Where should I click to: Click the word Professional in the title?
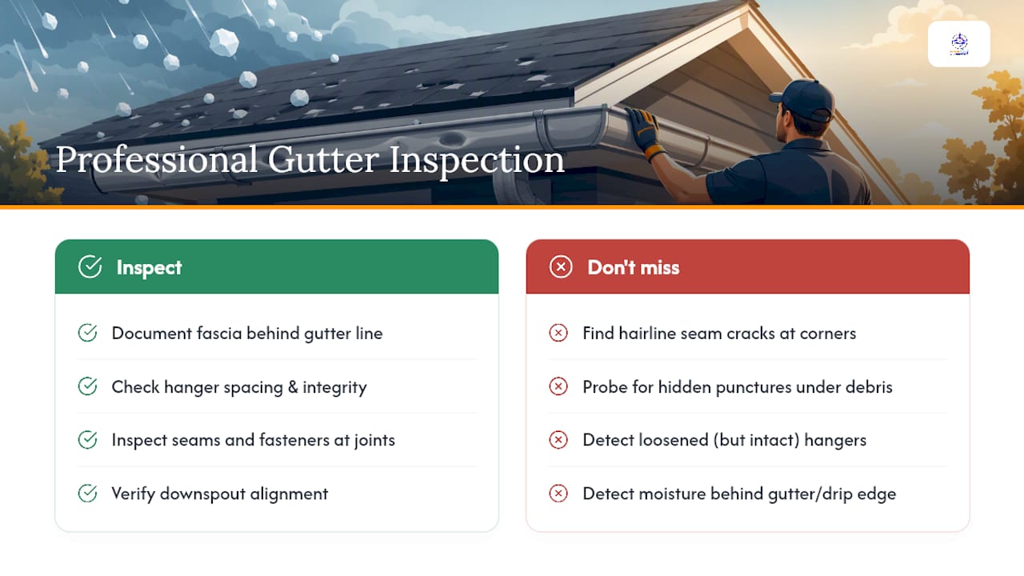coord(156,160)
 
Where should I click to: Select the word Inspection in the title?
coord(477,161)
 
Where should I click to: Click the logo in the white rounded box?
coord(959,44)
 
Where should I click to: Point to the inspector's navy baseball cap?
coord(803,100)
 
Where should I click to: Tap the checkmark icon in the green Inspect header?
coord(90,266)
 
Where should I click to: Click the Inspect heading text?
coord(149,267)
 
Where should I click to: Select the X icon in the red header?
coord(561,266)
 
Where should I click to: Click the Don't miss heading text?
coord(633,267)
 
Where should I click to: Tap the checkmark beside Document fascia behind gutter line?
coord(87,333)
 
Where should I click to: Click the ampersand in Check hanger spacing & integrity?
coord(293,387)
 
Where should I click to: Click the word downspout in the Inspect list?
coord(202,494)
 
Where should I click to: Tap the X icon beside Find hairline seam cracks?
coord(558,333)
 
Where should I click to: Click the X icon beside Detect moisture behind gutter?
coord(558,494)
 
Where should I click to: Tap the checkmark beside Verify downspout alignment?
coord(87,494)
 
